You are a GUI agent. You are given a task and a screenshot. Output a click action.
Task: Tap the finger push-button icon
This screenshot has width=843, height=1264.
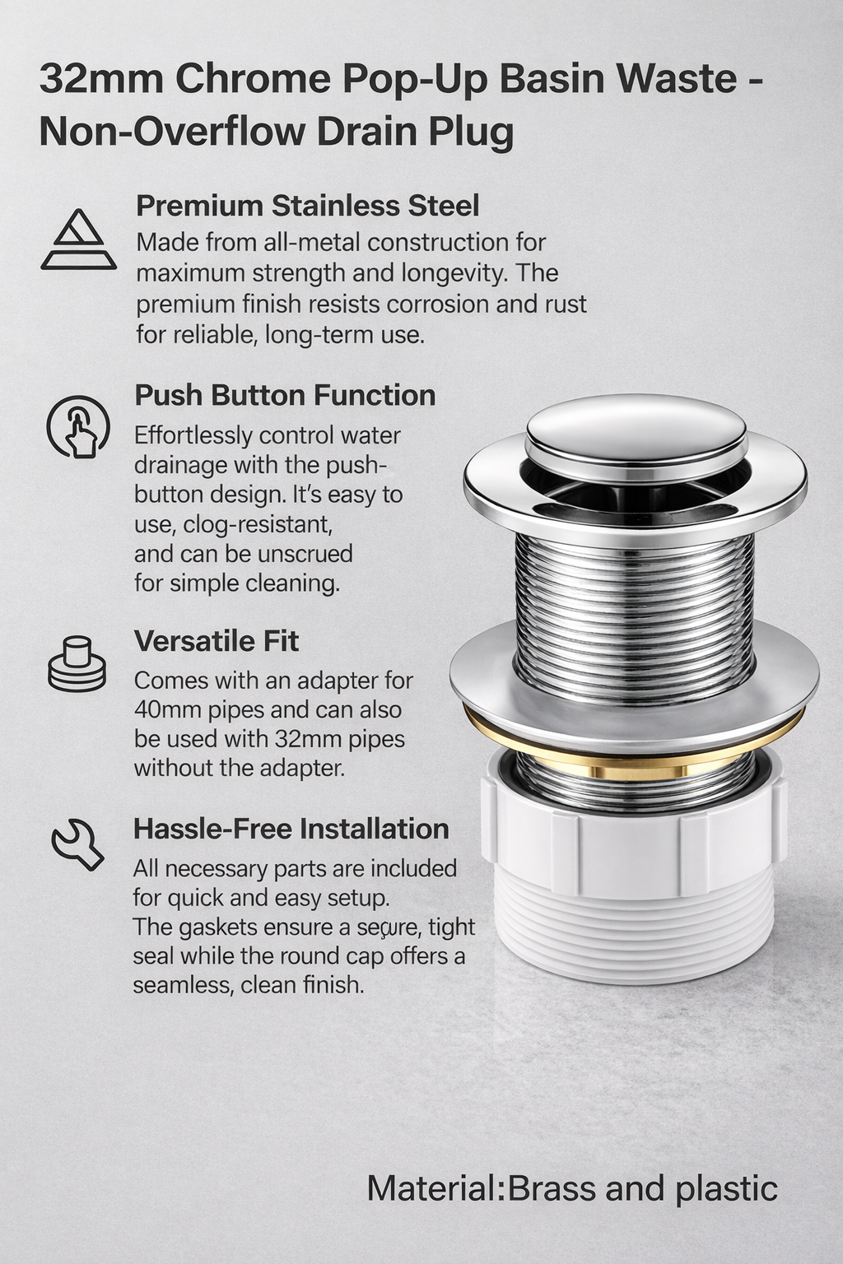78,426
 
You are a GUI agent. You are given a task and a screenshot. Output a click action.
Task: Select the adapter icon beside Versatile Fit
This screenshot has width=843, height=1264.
77,663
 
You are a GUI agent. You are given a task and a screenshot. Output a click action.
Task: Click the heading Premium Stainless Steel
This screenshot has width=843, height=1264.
307,205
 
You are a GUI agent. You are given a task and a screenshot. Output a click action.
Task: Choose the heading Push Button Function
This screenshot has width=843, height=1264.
284,395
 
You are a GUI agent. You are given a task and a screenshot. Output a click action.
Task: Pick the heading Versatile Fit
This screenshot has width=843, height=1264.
216,640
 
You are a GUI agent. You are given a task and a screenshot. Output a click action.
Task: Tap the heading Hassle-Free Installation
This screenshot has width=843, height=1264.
291,829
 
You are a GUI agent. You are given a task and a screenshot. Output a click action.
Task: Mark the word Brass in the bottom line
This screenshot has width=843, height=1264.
552,1189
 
